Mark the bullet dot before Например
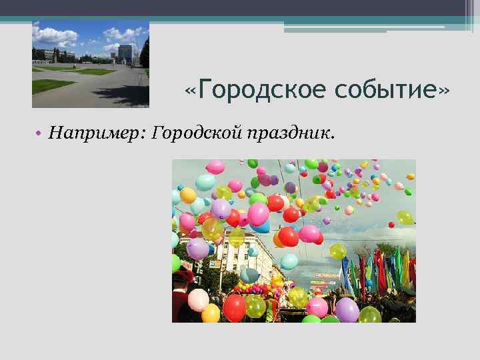pyautogui.click(x=39, y=135)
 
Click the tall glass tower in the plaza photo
pyautogui.click(x=125, y=54)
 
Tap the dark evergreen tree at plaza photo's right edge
pyautogui.click(x=145, y=53)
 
